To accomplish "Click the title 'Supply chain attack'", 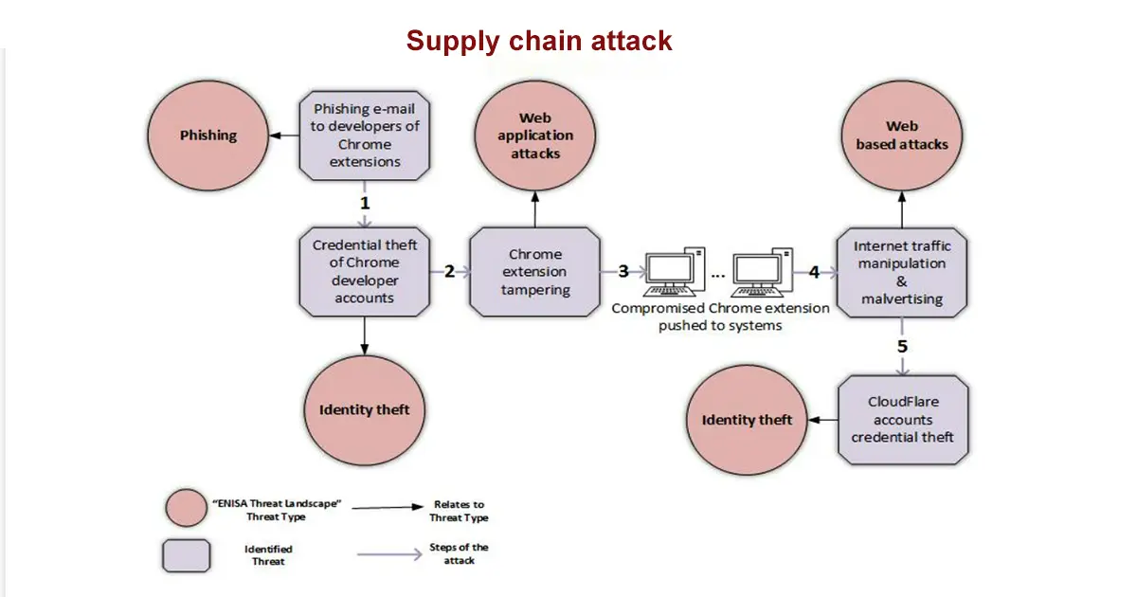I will pyautogui.click(x=539, y=41).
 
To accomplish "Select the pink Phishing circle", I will pyautogui.click(x=208, y=136).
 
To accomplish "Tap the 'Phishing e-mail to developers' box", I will pyautogui.click(x=365, y=136).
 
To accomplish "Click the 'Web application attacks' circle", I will pyautogui.click(x=535, y=136).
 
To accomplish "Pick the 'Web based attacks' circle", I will pyautogui.click(x=902, y=136).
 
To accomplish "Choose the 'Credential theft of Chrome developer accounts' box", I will pyautogui.click(x=365, y=271).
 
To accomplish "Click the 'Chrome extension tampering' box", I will pyautogui.click(x=535, y=272).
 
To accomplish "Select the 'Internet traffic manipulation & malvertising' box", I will pyautogui.click(x=902, y=272).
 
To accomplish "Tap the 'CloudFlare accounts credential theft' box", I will pyautogui.click(x=902, y=420).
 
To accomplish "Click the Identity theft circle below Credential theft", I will pyautogui.click(x=365, y=409).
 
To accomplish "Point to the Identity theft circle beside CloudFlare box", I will pyautogui.click(x=747, y=420).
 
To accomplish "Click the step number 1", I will pyautogui.click(x=364, y=203).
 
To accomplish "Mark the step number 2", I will pyautogui.click(x=449, y=271).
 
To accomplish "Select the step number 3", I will pyautogui.click(x=623, y=271).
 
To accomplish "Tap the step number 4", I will pyautogui.click(x=814, y=271).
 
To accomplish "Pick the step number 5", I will pyautogui.click(x=902, y=346).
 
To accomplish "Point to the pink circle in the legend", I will pyautogui.click(x=186, y=508).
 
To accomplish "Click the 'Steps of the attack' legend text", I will pyautogui.click(x=460, y=553).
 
